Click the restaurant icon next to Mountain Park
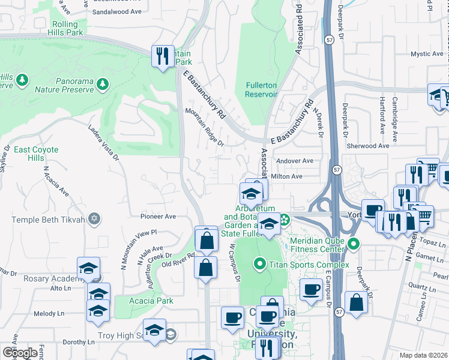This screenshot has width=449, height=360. tap(162, 56)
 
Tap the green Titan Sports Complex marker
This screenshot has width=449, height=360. tap(259, 263)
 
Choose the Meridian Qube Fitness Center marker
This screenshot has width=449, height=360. tap(354, 244)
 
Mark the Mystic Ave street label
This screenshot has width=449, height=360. tap(427, 54)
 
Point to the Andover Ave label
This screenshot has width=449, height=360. tap(294, 161)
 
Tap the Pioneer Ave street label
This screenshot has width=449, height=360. tap(157, 216)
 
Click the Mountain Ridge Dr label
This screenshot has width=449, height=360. tap(204, 127)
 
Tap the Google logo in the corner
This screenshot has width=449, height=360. tap(20, 352)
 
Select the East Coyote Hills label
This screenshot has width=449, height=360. tap(36, 154)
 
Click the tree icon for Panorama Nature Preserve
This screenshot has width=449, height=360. tap(104, 82)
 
